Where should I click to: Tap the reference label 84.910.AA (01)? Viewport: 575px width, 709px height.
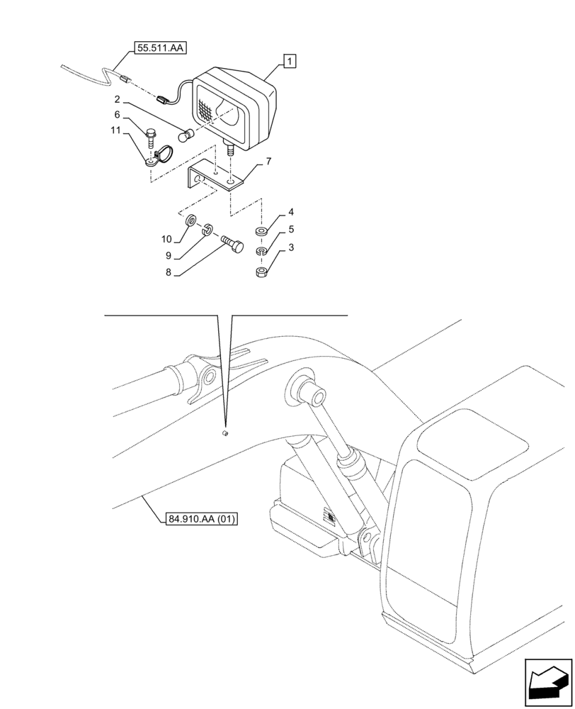[202, 519]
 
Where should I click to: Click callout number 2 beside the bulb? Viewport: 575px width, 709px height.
[118, 101]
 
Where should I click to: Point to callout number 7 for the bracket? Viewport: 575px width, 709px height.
[268, 162]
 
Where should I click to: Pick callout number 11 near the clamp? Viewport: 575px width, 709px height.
[115, 130]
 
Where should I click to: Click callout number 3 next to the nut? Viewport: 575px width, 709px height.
[291, 247]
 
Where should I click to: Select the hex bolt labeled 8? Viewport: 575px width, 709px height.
[233, 244]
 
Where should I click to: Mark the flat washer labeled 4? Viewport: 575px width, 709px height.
[261, 232]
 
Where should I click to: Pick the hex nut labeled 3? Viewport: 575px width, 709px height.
[261, 272]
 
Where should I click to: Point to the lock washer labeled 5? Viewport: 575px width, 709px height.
[261, 252]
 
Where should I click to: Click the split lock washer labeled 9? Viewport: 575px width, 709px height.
[207, 229]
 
